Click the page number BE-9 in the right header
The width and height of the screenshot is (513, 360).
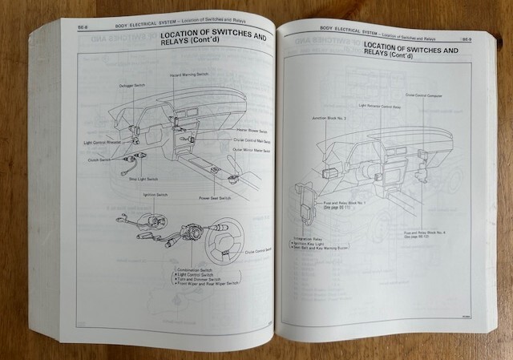(467, 37)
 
